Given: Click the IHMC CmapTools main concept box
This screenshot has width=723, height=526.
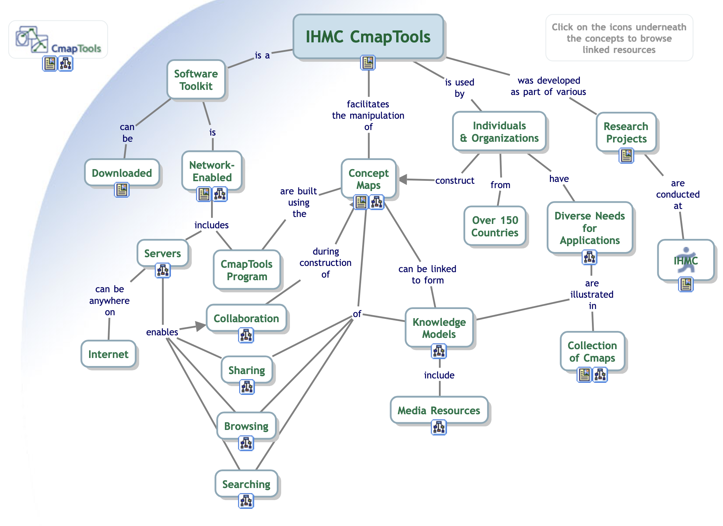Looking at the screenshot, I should point(368,37).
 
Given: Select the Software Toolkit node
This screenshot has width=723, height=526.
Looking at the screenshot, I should point(196,80).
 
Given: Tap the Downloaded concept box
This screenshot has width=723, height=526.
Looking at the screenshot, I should point(122,173).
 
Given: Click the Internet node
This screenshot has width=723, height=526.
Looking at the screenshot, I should point(108,354).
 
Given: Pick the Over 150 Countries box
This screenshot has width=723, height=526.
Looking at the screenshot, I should point(495,226).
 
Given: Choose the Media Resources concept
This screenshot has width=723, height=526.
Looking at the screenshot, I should point(439,411).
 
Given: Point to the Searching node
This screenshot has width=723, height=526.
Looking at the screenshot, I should point(246,484).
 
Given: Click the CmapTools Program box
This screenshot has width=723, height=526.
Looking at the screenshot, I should point(247,270).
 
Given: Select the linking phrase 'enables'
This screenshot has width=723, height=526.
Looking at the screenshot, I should point(162,332).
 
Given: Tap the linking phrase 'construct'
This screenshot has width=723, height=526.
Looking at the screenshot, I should point(455,180).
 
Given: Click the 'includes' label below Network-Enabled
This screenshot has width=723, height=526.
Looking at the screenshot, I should point(211,225).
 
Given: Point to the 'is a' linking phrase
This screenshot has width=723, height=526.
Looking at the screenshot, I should point(262,56).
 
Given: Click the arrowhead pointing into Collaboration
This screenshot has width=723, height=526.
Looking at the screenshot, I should point(200,326).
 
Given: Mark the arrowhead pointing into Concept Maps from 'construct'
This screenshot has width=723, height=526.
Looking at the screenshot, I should point(403,179).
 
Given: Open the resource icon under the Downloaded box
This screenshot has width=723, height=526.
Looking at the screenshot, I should point(122,190).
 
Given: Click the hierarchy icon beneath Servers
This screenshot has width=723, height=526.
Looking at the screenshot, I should point(163,270).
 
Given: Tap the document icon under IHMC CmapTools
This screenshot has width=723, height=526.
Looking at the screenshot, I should point(368,63).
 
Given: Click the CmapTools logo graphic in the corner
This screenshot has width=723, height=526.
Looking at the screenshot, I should point(32,39).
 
